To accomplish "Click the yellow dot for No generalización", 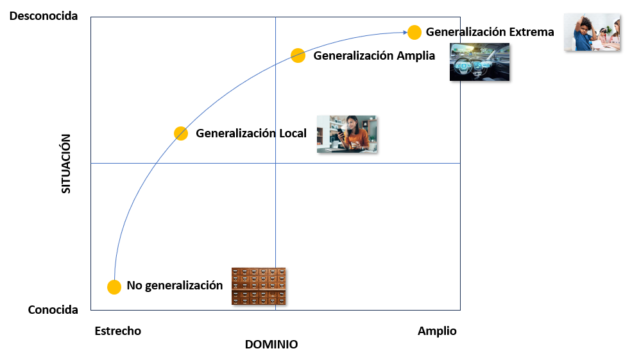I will (114, 287).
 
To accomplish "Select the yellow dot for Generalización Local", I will (181, 133).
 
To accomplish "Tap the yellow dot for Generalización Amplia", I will (298, 55).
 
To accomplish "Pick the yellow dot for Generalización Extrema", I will (414, 32).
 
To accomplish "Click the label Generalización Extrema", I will (490, 32).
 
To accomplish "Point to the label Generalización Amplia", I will (374, 56).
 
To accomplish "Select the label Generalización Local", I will (251, 133).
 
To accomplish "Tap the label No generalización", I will (175, 286).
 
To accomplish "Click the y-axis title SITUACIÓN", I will (66, 163).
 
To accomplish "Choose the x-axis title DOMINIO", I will (271, 345).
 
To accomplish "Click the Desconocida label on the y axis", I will (44, 16).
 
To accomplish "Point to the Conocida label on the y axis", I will (53, 310).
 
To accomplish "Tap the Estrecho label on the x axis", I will (117, 331).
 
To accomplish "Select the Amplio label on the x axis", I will (437, 331).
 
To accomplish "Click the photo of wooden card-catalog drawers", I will (259, 286).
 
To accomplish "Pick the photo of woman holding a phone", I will (346, 134).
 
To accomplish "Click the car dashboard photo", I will (479, 62).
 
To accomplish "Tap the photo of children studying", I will (592, 32).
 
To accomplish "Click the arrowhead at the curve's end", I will (405, 32).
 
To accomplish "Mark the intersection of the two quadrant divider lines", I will (275, 163).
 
